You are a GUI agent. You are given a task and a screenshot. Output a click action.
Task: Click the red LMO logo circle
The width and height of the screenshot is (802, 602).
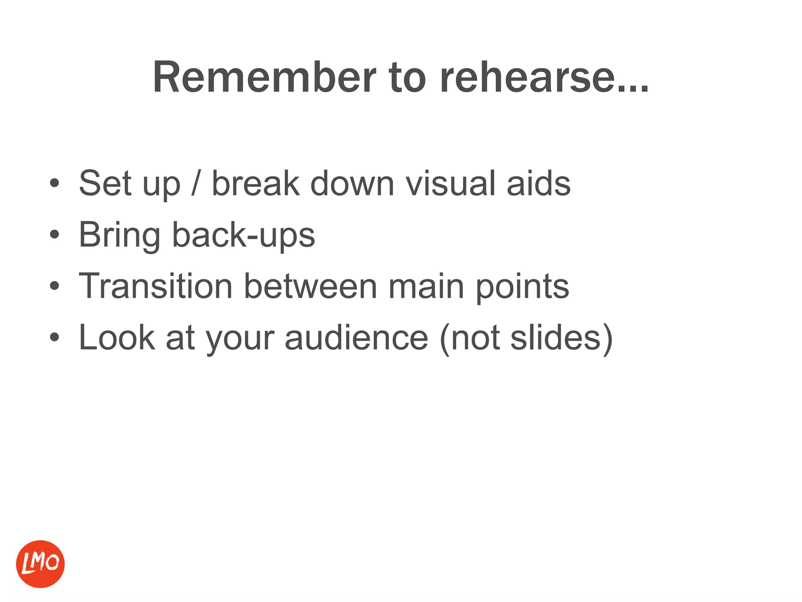pos(40,564)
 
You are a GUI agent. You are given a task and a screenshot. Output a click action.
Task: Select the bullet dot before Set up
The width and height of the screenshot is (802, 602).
pos(54,183)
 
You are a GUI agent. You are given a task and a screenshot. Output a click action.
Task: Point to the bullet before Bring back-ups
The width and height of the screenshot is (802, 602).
pos(54,234)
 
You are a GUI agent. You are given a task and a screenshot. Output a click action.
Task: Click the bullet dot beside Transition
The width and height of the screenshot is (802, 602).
pos(54,286)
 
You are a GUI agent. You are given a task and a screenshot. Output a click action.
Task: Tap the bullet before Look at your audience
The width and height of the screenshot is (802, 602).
pos(54,337)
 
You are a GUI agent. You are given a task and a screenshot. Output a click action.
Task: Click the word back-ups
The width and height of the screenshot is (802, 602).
pos(244,235)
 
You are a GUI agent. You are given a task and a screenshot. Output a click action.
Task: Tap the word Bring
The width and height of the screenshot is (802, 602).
pos(119,235)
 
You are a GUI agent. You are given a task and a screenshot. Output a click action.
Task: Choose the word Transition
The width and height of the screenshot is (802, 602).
pos(156,286)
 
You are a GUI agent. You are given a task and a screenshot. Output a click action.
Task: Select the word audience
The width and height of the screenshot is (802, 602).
pos(356,338)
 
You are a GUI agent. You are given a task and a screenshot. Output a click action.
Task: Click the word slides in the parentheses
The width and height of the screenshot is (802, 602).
pos(555,338)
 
